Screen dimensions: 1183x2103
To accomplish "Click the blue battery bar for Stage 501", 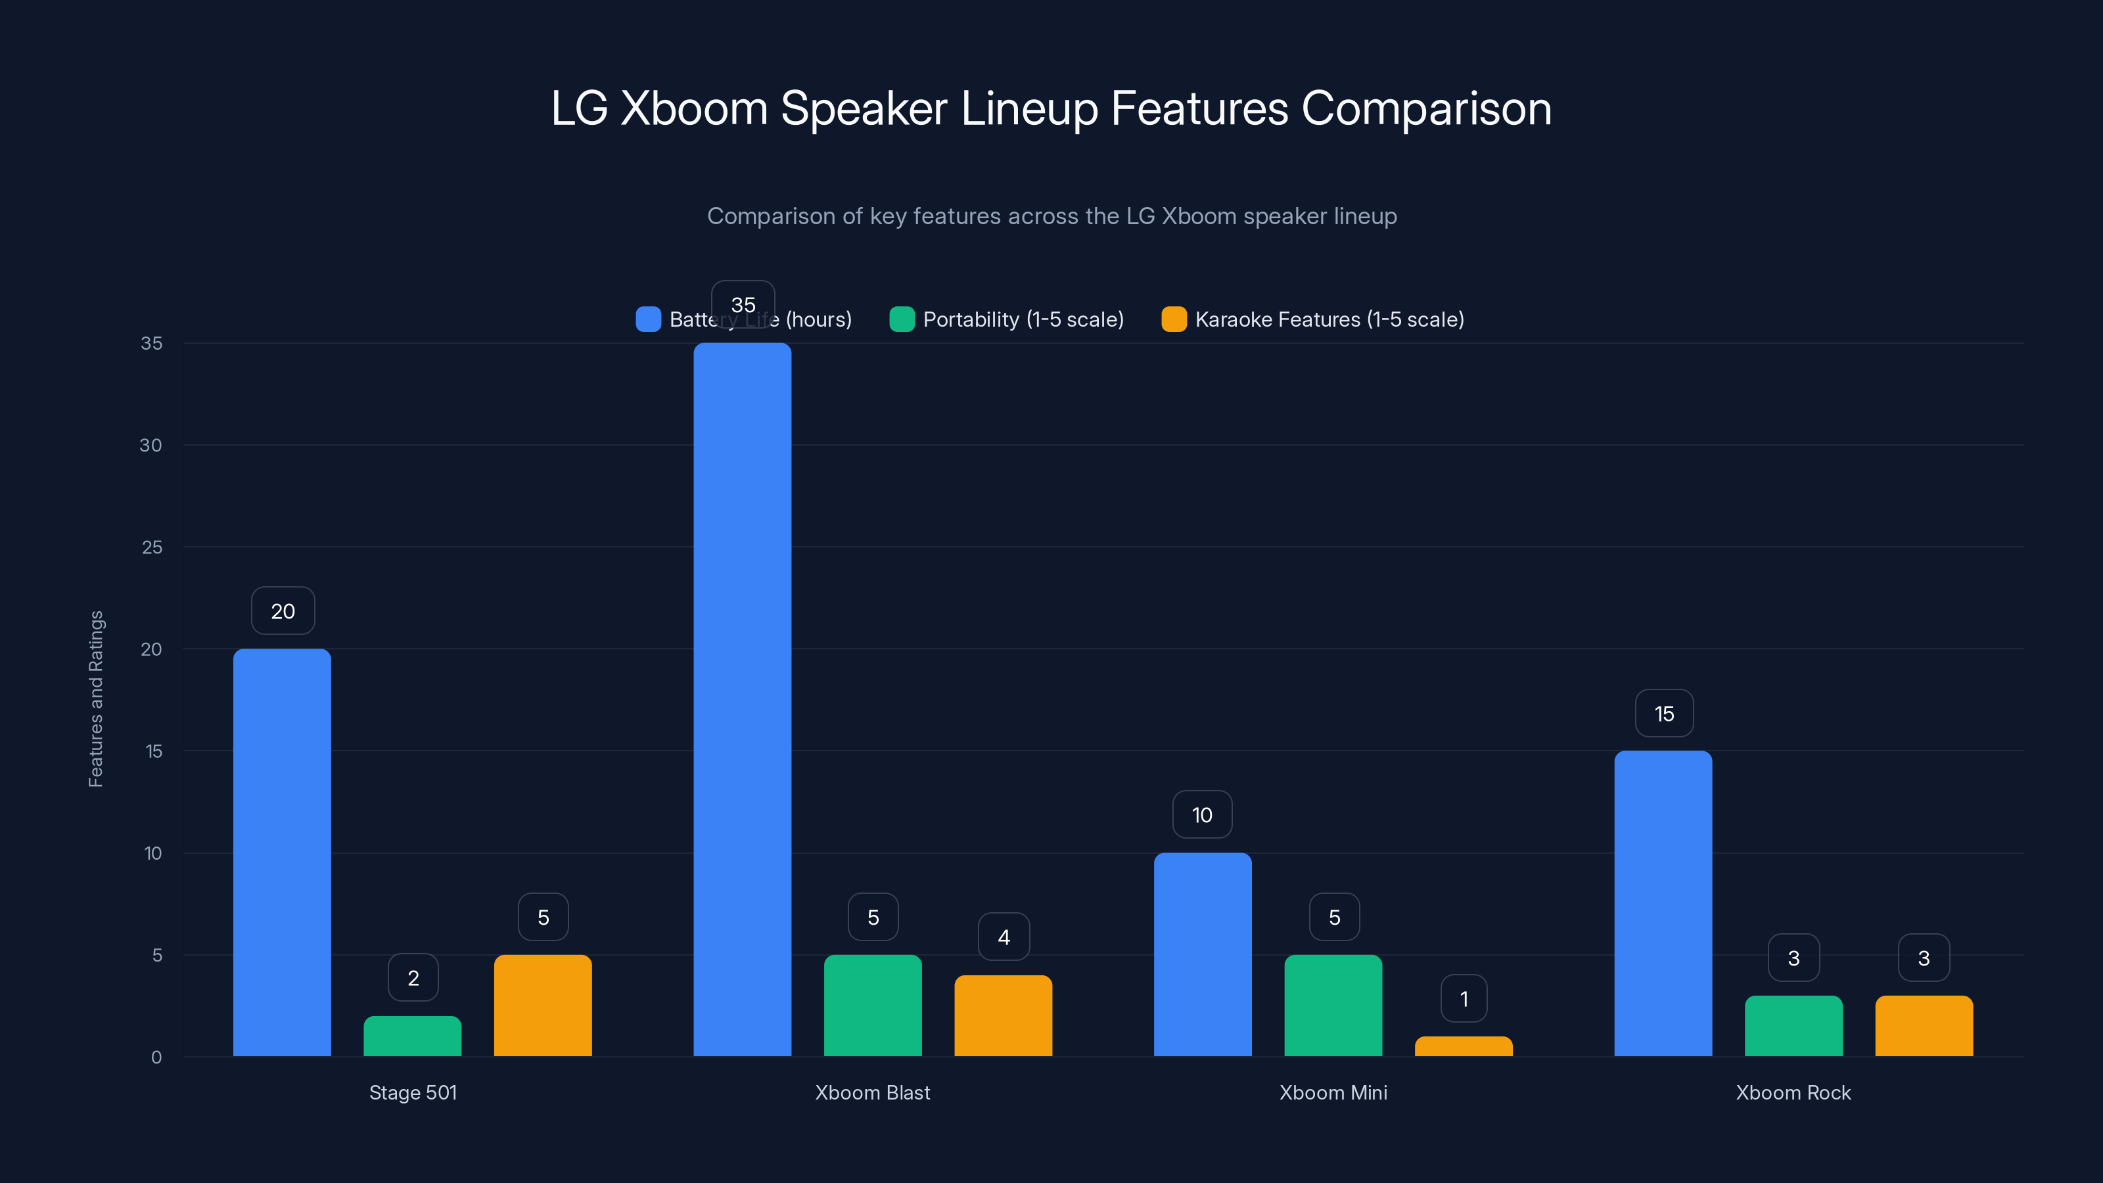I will tap(282, 852).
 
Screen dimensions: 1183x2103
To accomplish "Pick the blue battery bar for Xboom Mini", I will tap(1203, 954).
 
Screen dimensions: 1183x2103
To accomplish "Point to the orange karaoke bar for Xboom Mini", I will tap(1463, 1047).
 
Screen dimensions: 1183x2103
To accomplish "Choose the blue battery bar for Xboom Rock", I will tap(1663, 903).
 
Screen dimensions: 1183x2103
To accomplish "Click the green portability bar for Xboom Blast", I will tap(873, 1005).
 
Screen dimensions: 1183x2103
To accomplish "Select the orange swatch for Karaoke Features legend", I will tap(1173, 319).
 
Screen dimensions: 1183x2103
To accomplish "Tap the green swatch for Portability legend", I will tap(901, 319).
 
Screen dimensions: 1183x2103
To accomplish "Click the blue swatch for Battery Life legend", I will tap(648, 319).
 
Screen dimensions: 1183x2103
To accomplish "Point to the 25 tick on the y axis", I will tap(152, 547).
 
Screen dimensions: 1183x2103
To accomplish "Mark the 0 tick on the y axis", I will tap(156, 1057).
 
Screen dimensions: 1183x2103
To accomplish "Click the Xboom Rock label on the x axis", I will tap(1793, 1092).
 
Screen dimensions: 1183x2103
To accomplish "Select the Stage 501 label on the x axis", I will tap(413, 1092).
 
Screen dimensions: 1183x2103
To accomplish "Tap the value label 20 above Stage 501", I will tap(283, 611).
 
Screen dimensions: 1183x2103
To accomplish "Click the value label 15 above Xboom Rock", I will tap(1664, 714).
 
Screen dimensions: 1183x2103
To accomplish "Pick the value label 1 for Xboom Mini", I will tap(1464, 998).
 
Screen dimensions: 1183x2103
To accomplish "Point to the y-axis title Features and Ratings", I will tap(95, 699).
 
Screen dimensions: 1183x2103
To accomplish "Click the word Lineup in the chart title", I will tap(1028, 108).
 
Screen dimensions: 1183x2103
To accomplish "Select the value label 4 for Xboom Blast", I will tap(1004, 937).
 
